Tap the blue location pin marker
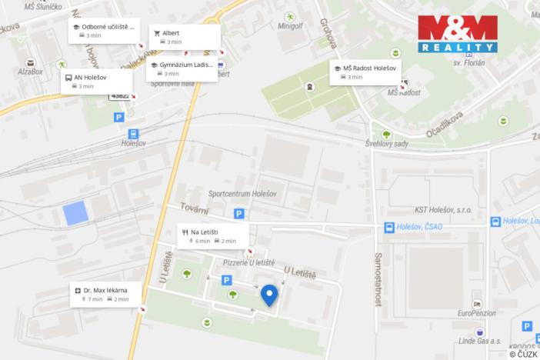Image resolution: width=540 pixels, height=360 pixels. [x=269, y=295]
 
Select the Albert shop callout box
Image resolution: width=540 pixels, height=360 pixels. [x=185, y=37]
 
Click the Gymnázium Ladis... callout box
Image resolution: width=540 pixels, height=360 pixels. [x=182, y=69]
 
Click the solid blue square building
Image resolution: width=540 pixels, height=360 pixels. [x=75, y=213]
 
